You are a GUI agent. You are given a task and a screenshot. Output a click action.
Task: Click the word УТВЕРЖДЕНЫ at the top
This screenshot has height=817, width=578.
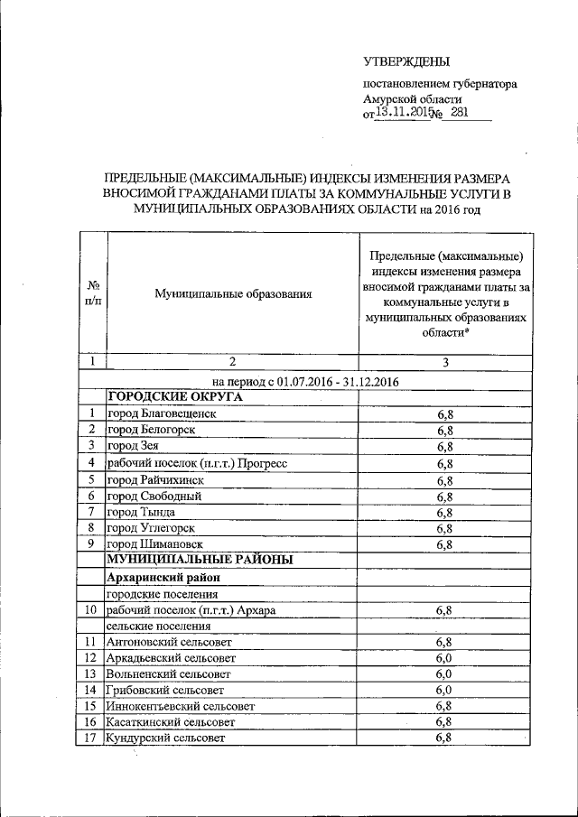pos(406,61)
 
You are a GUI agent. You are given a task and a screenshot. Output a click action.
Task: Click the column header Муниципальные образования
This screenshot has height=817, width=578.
pos(233,293)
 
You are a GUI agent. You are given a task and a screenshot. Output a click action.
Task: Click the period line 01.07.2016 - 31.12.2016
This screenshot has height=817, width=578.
pos(306,381)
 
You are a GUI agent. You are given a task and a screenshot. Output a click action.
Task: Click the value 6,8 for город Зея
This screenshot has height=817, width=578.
pos(444,446)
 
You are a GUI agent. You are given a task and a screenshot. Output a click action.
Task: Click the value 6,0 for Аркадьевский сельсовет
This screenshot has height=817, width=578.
pos(444,657)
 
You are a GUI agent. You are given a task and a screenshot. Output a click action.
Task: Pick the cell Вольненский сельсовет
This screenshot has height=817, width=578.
pos(169,673)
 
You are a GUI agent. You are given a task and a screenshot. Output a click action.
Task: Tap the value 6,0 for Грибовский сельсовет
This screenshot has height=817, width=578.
pos(444,690)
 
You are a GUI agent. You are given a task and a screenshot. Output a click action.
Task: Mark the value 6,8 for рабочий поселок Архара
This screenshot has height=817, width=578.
pos(444,610)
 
